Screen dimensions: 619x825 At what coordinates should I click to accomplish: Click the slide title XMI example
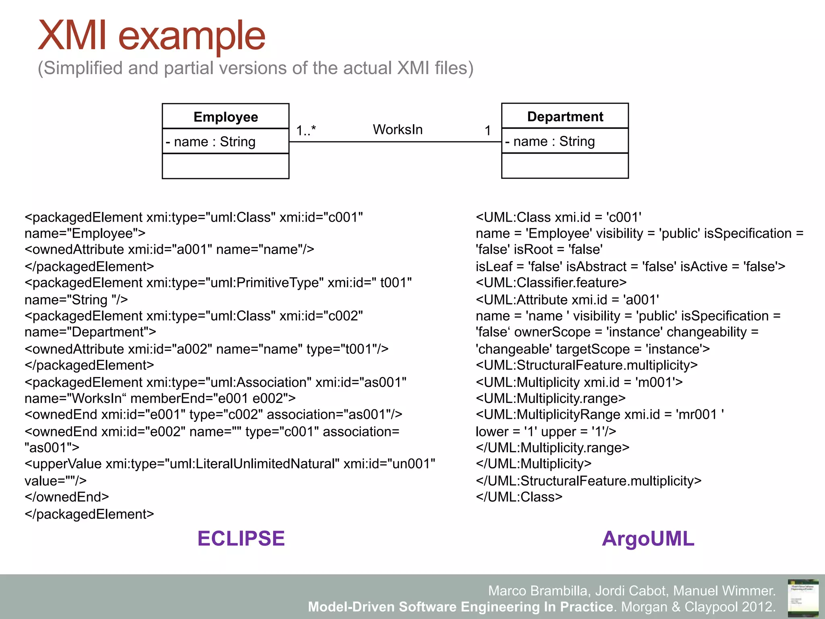click(151, 36)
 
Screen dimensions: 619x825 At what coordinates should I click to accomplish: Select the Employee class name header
click(226, 117)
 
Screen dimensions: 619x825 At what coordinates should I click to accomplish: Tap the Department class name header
click(565, 116)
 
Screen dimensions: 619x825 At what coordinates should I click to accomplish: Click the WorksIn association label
click(398, 130)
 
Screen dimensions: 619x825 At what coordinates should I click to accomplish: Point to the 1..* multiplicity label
click(306, 131)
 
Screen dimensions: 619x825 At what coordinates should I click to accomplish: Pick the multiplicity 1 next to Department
click(487, 131)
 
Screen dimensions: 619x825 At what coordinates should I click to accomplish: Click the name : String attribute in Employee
click(211, 142)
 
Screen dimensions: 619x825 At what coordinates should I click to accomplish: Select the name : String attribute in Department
click(550, 141)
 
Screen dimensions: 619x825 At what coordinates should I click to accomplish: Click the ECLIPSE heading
click(241, 539)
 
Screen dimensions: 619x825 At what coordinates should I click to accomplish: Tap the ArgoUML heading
click(648, 539)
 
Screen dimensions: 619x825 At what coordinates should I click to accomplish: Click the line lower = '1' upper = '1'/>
click(546, 432)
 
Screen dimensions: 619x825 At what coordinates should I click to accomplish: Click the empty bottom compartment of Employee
click(226, 166)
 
